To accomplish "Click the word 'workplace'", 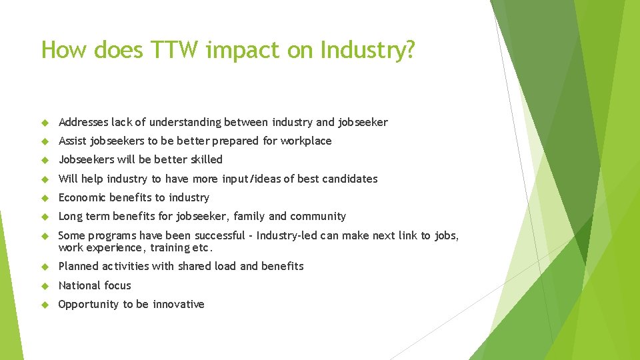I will (306, 141).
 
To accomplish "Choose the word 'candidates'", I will (351, 179).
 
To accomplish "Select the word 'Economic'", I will (82, 197).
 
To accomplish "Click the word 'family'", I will (249, 216).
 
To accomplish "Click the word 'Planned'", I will (79, 266).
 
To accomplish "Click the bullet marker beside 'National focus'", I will (45, 285).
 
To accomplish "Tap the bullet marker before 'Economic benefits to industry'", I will (45, 198).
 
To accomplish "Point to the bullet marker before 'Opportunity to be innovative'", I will (45, 305).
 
